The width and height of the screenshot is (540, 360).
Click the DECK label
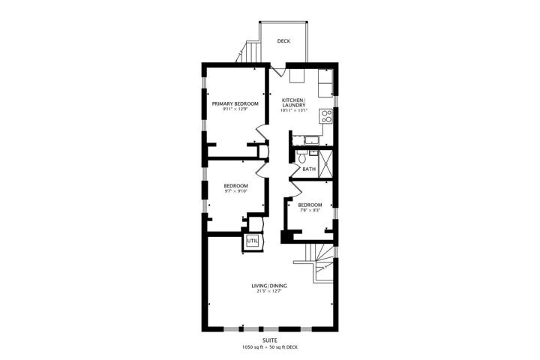coord(283,41)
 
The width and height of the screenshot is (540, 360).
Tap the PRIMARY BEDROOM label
coord(235,103)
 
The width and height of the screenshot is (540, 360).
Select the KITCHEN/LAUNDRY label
coord(294,102)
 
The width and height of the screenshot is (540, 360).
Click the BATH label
coord(309,169)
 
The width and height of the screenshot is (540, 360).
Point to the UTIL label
coord(252,241)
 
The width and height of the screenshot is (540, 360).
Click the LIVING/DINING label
coord(269,286)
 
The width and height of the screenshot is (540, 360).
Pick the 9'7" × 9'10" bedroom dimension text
coord(235,190)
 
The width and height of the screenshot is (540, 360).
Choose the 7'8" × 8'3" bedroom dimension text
coord(310,210)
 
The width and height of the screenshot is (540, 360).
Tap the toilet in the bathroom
coord(302,157)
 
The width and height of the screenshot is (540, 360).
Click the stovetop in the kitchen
coord(326,115)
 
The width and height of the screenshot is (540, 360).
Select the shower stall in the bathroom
coord(325,164)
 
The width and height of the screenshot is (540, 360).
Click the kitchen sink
coord(312,140)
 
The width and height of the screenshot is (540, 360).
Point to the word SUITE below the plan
coord(269,340)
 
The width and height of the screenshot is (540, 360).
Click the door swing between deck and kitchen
coord(278,70)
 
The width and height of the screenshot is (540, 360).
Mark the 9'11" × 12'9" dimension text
coord(235,109)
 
